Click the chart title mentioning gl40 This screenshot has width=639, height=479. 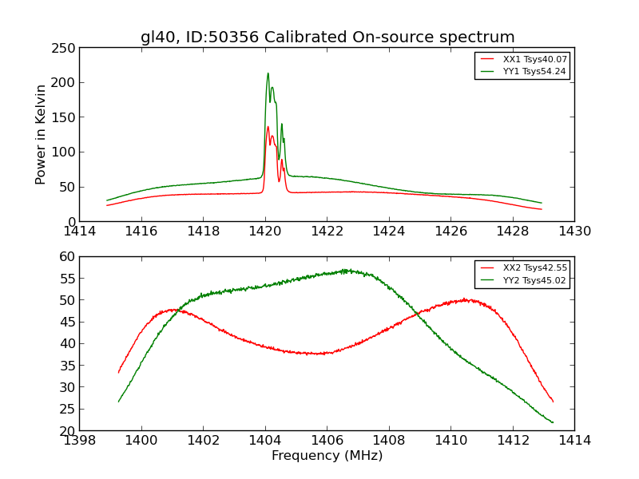point(327,38)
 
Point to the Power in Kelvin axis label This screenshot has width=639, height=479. point(41,134)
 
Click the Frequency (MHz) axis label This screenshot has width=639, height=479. point(327,456)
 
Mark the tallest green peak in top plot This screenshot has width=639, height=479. point(268,73)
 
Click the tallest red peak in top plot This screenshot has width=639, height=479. point(268,127)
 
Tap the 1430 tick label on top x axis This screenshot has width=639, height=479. point(574,231)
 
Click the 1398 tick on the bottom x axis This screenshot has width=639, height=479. point(79,440)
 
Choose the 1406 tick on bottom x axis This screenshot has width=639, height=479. point(327,440)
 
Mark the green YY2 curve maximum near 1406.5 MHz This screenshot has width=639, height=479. point(345,270)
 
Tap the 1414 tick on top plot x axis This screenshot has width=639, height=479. point(79,231)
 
